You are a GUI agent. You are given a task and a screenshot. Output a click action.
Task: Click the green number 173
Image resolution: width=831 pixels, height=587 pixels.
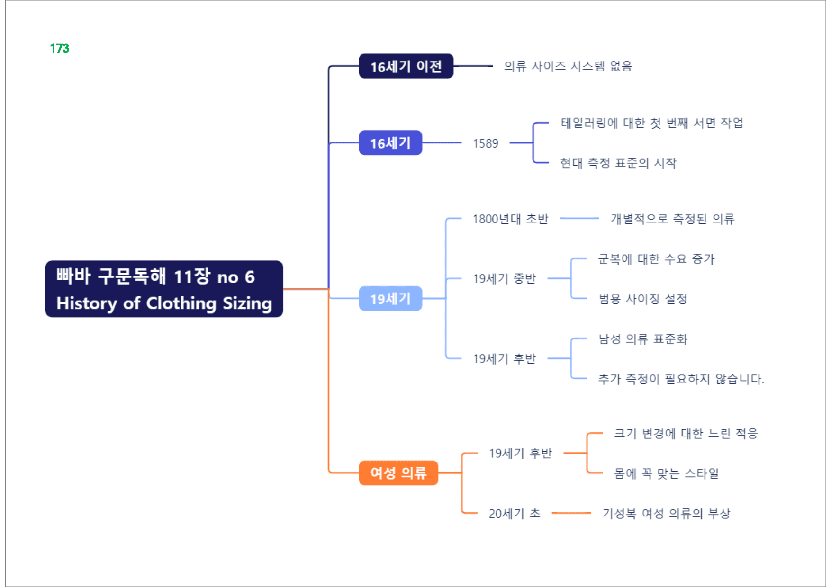click(60, 48)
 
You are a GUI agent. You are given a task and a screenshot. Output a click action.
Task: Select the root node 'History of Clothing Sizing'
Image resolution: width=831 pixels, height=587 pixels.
click(164, 289)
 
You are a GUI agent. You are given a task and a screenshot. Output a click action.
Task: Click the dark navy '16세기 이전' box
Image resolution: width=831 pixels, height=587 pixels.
click(406, 66)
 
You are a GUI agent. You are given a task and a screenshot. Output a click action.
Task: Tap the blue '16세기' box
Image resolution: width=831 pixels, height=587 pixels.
click(390, 142)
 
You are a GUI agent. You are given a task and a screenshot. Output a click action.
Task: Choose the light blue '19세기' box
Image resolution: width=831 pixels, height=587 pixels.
click(390, 298)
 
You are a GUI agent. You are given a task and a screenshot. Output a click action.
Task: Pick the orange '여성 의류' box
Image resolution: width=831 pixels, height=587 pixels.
click(398, 472)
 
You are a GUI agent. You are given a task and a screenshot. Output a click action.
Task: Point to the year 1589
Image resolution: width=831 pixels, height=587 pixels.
click(486, 143)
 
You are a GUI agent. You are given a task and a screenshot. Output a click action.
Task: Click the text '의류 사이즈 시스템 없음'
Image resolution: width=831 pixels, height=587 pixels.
click(568, 66)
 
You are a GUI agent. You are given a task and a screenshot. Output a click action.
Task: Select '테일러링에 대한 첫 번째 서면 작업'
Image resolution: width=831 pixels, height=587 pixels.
click(652, 123)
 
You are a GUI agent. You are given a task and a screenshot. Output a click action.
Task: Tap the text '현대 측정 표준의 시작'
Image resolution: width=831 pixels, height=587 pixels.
click(618, 163)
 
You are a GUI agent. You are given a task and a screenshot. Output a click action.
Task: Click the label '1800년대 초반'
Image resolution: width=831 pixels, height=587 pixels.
click(510, 219)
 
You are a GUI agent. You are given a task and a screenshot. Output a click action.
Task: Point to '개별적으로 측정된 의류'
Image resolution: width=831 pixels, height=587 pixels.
click(672, 219)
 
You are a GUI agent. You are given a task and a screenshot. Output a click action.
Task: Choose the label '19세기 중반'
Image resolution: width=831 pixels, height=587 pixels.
click(504, 278)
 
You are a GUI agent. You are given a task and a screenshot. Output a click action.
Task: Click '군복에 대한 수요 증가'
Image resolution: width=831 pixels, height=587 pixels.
click(656, 258)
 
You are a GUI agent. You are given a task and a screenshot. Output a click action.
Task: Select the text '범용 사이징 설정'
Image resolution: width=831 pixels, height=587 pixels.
click(643, 299)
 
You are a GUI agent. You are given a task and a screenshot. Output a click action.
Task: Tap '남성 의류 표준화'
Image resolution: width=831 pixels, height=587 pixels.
click(643, 338)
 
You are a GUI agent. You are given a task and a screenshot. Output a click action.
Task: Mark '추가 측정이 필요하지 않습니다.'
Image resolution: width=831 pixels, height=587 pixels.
click(681, 379)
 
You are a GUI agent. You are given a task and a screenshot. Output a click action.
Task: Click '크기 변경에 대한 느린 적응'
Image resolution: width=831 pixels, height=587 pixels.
click(686, 433)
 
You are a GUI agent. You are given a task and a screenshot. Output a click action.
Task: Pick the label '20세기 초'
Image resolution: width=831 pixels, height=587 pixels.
click(515, 513)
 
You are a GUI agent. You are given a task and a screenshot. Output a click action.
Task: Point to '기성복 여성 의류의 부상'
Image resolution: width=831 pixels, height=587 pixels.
click(666, 513)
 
